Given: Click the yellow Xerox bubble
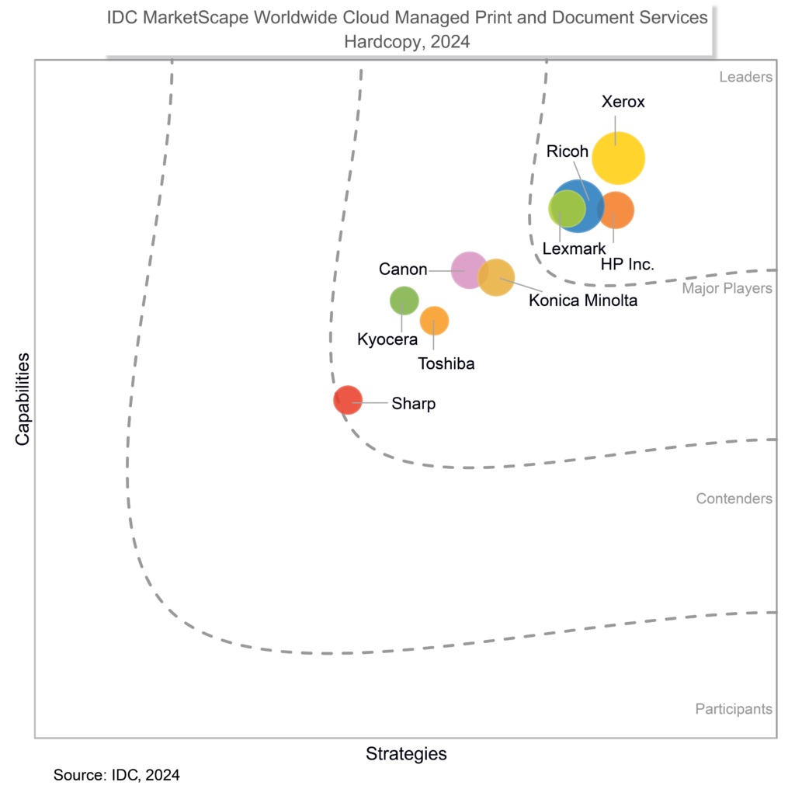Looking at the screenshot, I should pyautogui.click(x=618, y=158).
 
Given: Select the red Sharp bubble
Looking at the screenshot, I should pyautogui.click(x=348, y=400).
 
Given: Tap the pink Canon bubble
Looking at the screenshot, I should pyautogui.click(x=468, y=270).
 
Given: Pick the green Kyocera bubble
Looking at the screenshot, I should pyautogui.click(x=403, y=301).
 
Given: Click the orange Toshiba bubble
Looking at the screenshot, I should pyautogui.click(x=434, y=320).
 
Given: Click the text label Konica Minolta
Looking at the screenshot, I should pyautogui.click(x=582, y=301).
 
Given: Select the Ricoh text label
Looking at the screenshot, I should pyautogui.click(x=567, y=151).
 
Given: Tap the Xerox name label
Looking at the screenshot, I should pyautogui.click(x=623, y=102).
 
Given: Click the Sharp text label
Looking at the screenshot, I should pyautogui.click(x=413, y=404).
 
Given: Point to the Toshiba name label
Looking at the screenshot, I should pyautogui.click(x=446, y=363).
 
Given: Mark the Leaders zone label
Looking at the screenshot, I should pyautogui.click(x=745, y=77).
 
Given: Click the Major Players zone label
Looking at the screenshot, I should pyautogui.click(x=727, y=289).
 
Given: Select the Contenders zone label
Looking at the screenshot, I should pyautogui.click(x=734, y=499).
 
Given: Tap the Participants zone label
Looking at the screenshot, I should pyautogui.click(x=733, y=708).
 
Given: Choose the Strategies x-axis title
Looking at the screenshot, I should pyautogui.click(x=406, y=753).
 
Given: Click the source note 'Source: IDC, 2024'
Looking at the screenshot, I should pyautogui.click(x=116, y=775).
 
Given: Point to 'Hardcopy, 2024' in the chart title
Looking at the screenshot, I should pyautogui.click(x=407, y=43).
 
